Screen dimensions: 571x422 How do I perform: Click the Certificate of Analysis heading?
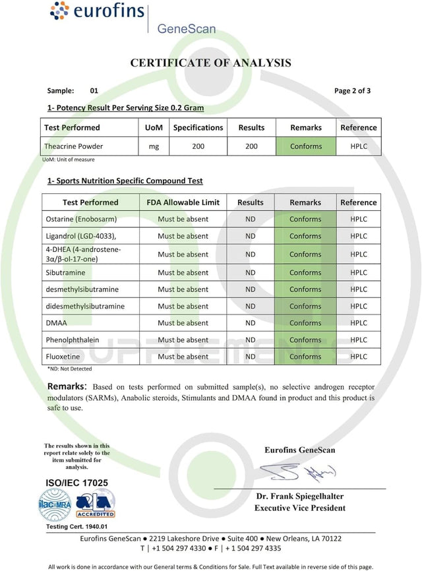click(x=210, y=63)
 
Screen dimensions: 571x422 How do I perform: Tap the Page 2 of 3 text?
click(x=352, y=91)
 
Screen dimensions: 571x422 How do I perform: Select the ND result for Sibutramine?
click(x=251, y=272)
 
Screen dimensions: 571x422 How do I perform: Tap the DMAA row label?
click(x=55, y=323)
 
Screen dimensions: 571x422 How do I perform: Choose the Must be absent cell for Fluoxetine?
click(x=183, y=357)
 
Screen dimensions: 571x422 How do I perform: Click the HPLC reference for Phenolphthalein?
click(x=359, y=340)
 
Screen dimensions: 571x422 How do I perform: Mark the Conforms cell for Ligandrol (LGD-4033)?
click(x=305, y=236)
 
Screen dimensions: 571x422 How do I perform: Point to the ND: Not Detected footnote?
click(x=70, y=369)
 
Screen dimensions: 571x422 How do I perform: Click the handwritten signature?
click(x=296, y=471)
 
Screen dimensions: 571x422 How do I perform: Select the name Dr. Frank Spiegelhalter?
click(x=300, y=496)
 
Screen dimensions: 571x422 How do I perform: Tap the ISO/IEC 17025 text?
click(x=76, y=483)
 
